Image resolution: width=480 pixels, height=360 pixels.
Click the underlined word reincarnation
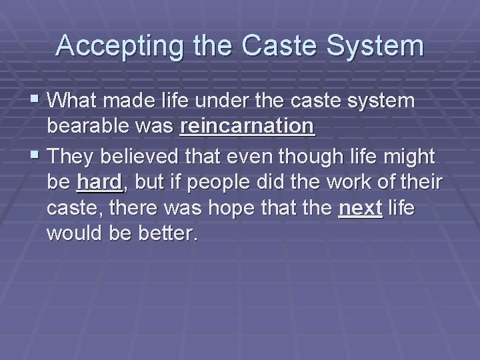coord(247,126)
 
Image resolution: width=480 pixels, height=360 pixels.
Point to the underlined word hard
coord(99,182)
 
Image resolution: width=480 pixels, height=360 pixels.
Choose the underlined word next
coord(361,209)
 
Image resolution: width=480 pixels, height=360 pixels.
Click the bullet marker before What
coord(35,101)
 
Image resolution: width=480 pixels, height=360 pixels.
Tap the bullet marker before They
coord(35,157)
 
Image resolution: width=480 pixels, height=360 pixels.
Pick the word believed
coord(151,157)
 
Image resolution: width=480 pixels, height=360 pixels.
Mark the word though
coord(316,157)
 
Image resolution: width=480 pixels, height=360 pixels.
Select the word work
coord(348,182)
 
